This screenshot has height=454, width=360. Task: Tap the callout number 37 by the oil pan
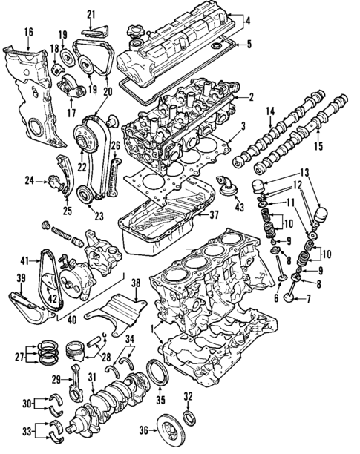214,215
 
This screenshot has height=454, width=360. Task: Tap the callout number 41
24,260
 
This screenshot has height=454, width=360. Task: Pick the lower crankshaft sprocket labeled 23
88,197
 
